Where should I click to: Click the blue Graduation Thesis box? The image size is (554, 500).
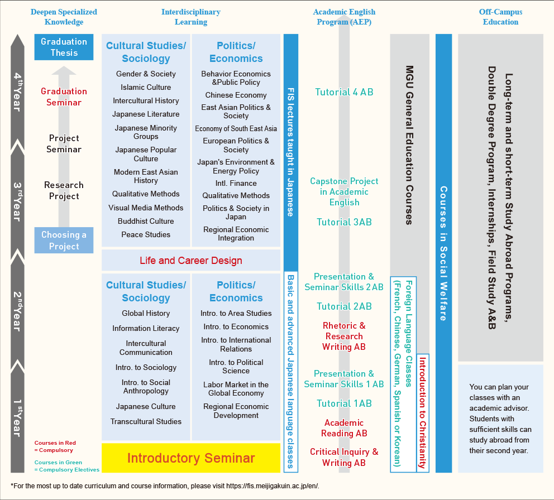pos(64,47)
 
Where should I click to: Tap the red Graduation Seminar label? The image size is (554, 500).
pos(64,97)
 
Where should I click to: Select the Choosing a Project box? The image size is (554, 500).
pos(64,240)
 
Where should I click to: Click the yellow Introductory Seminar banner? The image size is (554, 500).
pos(191,458)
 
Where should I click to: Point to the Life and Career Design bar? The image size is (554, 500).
pos(191,260)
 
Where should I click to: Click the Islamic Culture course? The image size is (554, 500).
pos(146,87)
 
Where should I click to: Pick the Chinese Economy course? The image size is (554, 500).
pos(236,95)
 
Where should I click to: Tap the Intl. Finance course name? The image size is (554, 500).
pos(236,183)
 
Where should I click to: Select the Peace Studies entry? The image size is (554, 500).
pos(146,234)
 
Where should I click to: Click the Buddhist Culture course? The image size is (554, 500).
pos(146,221)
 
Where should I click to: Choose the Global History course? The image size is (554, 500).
pos(146,313)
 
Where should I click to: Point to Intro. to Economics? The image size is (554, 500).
pos(236,326)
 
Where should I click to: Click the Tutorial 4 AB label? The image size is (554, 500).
pos(344,92)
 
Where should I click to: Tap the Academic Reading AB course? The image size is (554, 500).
pos(344,428)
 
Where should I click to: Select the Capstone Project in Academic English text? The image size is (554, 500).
pos(344,192)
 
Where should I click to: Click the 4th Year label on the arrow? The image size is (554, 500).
pos(18,92)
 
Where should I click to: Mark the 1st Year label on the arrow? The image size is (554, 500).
pos(18,418)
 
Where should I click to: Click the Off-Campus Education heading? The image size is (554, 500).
pos(500,17)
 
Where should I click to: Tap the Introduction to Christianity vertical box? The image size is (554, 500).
pos(423,413)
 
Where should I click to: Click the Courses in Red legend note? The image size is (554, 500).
pos(55,446)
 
